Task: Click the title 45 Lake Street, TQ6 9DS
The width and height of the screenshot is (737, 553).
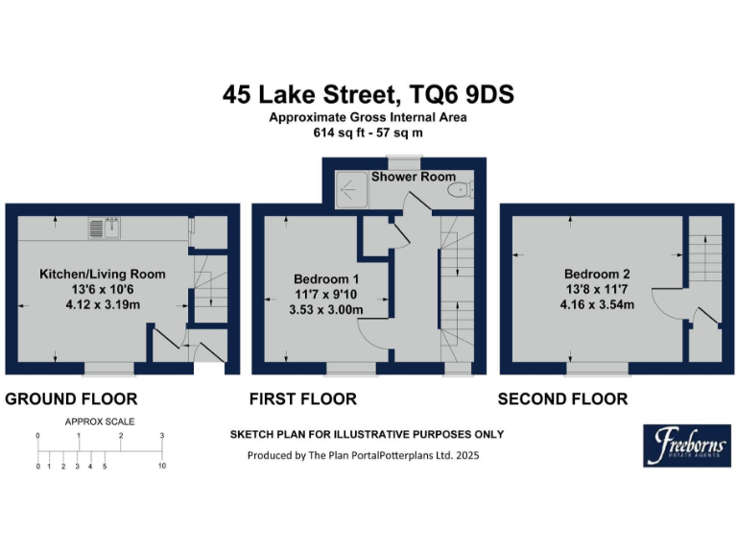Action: [368, 94]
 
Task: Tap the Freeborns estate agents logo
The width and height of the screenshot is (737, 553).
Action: [686, 445]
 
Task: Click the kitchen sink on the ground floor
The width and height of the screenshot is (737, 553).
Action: [103, 228]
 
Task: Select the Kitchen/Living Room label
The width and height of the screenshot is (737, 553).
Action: [102, 274]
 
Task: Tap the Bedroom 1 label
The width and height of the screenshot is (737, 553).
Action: [325, 278]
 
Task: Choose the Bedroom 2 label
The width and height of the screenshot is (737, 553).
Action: [596, 272]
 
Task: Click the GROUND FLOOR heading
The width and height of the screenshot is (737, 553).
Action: [72, 398]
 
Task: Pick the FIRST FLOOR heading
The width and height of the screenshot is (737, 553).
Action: [302, 398]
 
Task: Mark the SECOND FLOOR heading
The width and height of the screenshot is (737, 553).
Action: [562, 398]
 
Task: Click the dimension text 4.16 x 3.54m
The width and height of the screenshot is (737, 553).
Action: [597, 303]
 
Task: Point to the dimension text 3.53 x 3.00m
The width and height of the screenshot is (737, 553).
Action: [326, 309]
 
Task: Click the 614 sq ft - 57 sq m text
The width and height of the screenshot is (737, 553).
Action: [368, 132]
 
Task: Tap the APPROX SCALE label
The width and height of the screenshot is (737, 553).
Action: [100, 421]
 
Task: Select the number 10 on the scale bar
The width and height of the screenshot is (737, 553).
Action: [162, 467]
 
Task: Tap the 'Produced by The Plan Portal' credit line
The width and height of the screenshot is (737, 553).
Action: [363, 455]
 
